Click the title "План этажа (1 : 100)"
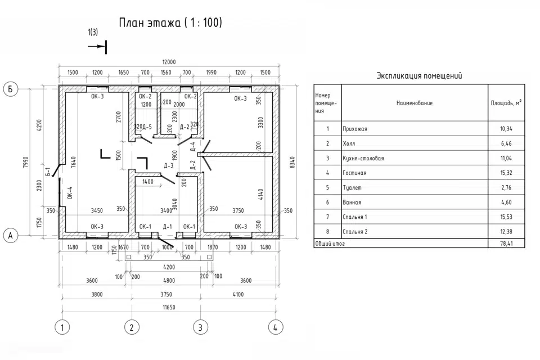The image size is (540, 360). (170, 23)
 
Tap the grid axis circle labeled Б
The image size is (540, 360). (10, 88)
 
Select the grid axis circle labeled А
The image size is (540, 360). (10, 236)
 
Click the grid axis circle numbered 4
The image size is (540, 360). (274, 327)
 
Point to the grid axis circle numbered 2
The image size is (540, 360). (131, 327)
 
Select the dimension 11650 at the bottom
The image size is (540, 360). (168, 307)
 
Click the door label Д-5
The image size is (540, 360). (146, 127)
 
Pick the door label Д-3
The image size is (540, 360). (168, 165)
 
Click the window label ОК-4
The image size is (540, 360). (70, 193)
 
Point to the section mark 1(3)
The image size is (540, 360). (93, 33)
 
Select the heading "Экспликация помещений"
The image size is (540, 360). (419, 76)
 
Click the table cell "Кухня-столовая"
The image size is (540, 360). (363, 158)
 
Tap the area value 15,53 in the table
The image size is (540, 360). (506, 217)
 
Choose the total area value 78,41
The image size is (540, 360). (506, 244)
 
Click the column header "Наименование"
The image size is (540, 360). (415, 103)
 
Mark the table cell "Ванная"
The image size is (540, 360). (352, 202)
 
